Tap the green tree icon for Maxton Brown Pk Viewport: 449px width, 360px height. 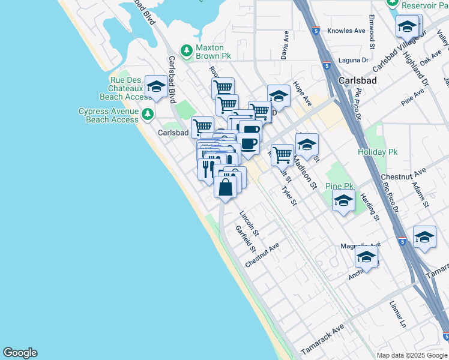point(187,49)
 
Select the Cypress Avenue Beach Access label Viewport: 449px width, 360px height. point(109,115)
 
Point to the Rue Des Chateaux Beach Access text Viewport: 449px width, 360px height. point(125,88)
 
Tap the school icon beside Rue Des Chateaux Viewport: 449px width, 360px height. point(157,88)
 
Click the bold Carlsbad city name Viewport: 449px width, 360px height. point(358,80)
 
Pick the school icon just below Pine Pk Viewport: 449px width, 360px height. point(343,201)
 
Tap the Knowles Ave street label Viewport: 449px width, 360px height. point(347,31)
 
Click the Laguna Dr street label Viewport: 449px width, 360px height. point(353,60)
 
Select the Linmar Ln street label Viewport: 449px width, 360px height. point(398,314)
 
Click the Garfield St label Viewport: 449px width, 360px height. point(246,239)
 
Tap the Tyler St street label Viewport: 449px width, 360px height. point(289,196)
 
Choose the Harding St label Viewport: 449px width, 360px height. point(370,206)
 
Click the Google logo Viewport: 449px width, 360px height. point(20,353)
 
